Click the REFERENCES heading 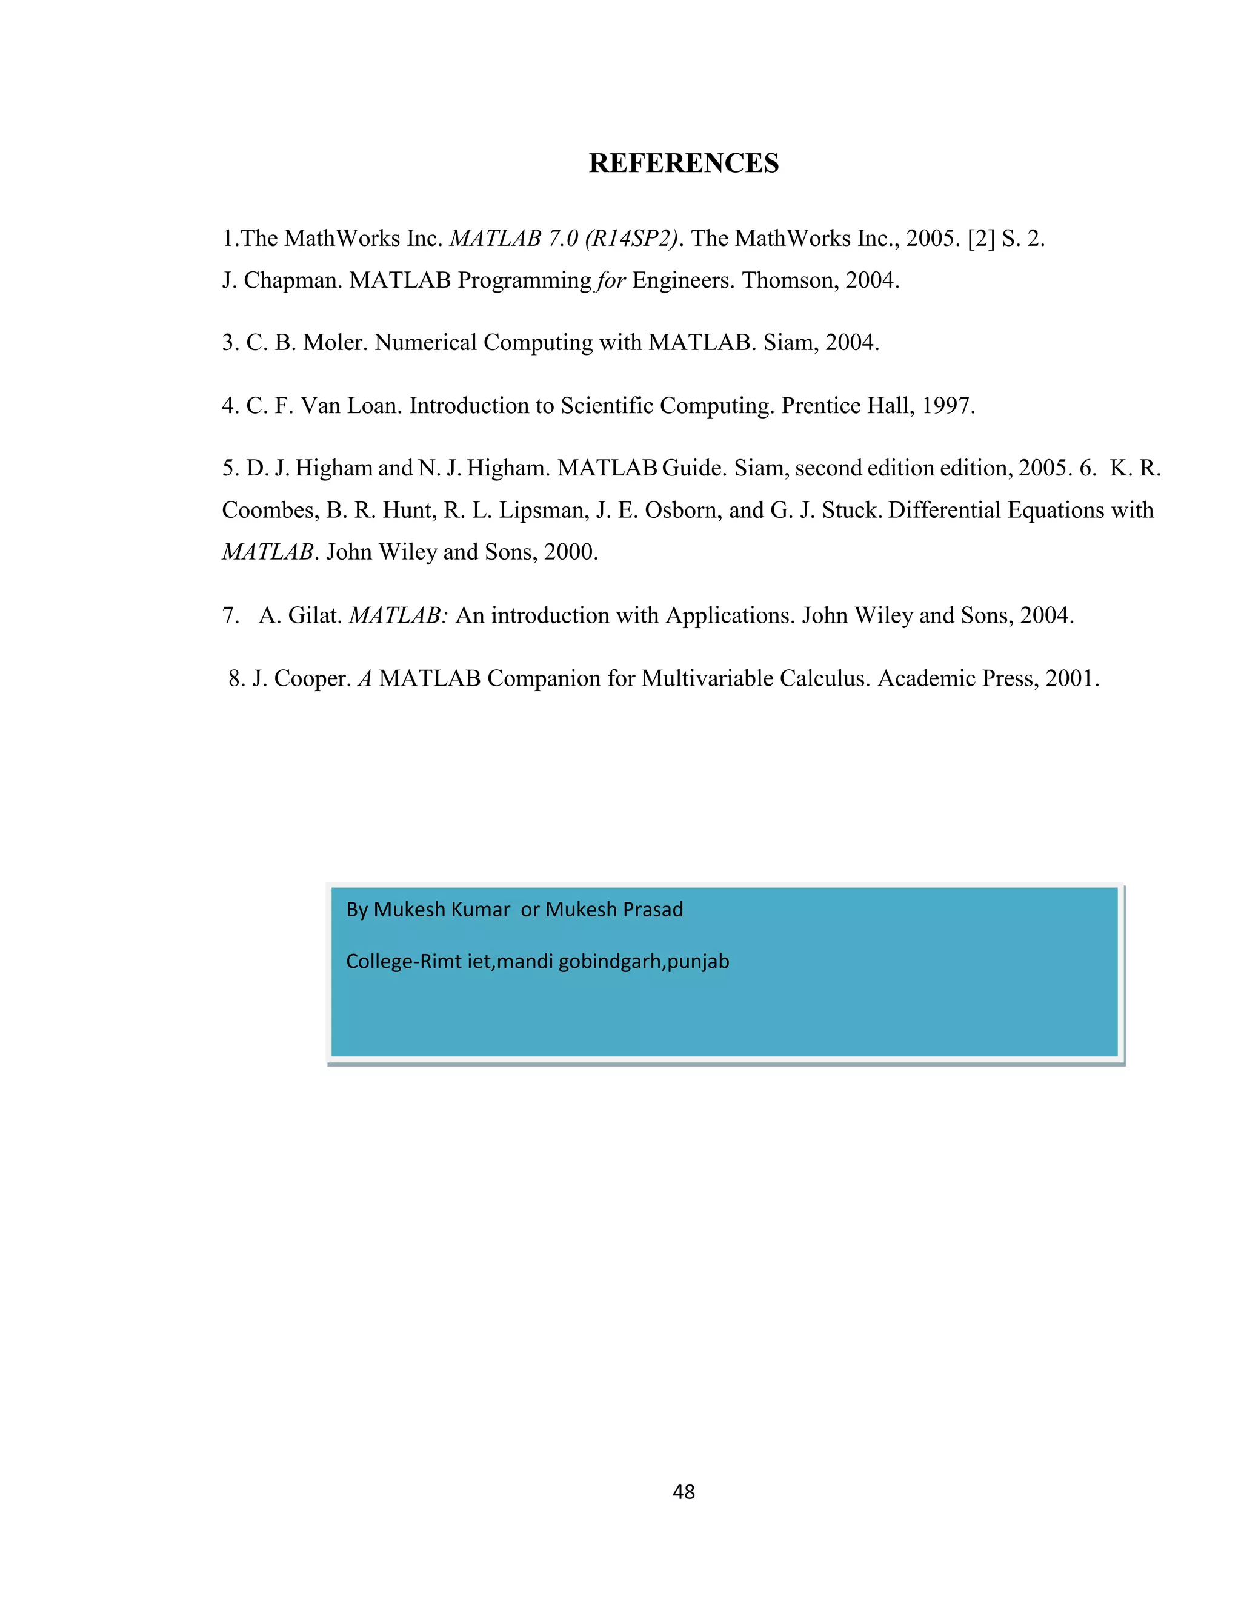point(683,163)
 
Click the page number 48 point(683,1491)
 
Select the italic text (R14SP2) point(631,239)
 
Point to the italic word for point(611,281)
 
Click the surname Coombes point(270,511)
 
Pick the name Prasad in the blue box point(651,910)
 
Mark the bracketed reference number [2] point(981,239)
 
